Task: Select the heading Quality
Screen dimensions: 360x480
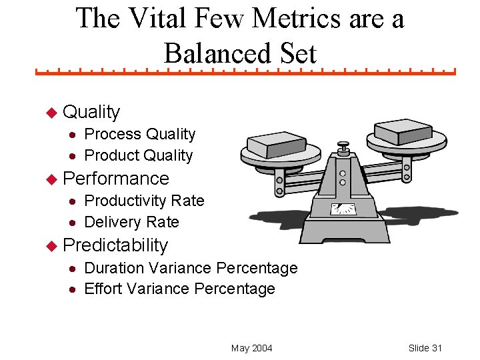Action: (x=91, y=112)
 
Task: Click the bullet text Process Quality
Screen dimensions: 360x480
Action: (x=140, y=134)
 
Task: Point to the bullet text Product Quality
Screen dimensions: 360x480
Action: (x=139, y=155)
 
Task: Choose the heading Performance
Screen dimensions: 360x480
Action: (x=116, y=179)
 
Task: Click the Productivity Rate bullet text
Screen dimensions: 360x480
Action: (x=144, y=201)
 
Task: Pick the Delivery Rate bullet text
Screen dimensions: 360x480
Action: (x=131, y=222)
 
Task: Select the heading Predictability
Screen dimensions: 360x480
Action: (x=115, y=245)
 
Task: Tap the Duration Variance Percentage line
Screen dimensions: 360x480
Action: (x=191, y=268)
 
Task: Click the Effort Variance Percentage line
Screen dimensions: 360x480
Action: (x=179, y=289)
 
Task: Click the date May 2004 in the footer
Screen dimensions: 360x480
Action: (x=251, y=348)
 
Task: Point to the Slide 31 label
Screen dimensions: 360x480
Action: (x=425, y=348)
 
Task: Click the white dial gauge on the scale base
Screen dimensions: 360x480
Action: (x=343, y=209)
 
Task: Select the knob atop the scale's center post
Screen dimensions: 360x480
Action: (x=343, y=144)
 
